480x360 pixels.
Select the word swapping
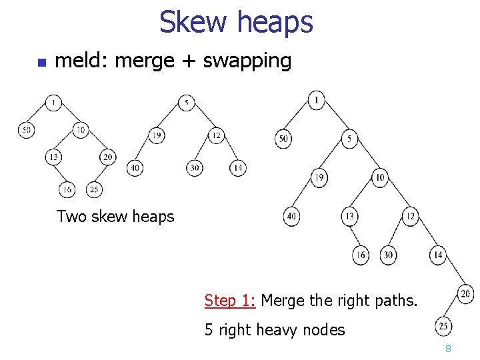[247, 62]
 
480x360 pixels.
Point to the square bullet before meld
[40, 63]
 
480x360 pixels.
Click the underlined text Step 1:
[230, 301]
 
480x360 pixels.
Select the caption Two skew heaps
[115, 216]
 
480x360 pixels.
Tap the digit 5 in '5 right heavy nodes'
[209, 329]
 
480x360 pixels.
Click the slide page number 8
[449, 349]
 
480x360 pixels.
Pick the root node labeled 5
[187, 103]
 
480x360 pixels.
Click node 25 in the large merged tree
[443, 327]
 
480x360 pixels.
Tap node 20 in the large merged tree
[466, 293]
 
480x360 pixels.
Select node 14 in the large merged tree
[438, 255]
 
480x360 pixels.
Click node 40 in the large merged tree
[291, 216]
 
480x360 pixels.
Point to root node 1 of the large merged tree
[317, 100]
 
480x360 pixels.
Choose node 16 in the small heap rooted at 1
[67, 189]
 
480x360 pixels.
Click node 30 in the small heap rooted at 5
[194, 167]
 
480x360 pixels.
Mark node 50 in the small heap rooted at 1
[26, 130]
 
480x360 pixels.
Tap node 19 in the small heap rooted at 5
[157, 135]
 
